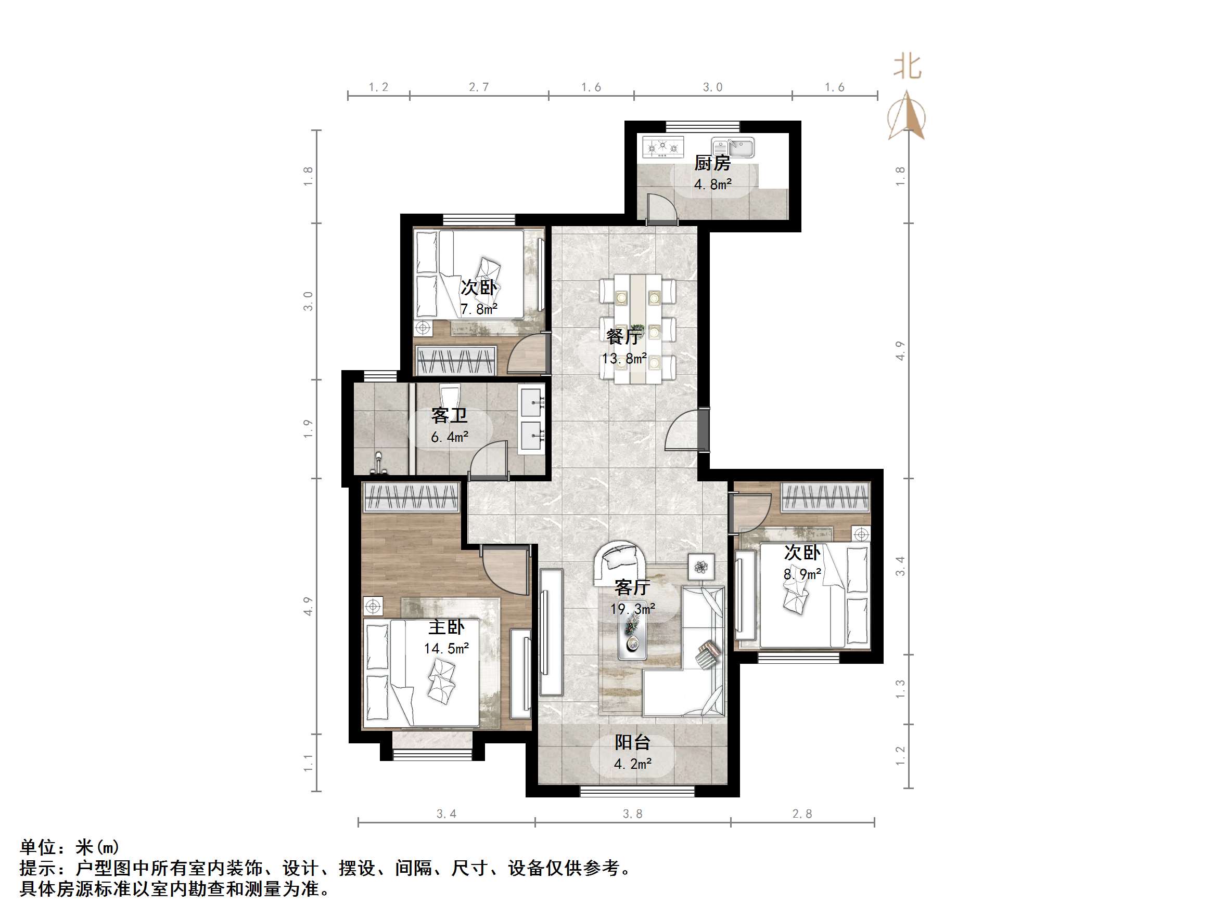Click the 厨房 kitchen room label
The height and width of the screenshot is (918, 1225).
[712, 163]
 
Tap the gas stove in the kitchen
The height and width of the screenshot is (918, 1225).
[662, 147]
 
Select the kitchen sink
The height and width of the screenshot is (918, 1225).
[733, 148]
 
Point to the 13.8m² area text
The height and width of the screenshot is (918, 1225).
[624, 359]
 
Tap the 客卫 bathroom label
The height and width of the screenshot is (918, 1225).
[449, 415]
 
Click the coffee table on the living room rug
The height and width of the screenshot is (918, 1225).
[632, 636]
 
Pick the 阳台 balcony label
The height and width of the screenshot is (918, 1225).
[632, 743]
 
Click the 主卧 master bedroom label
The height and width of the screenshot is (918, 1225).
[446, 627]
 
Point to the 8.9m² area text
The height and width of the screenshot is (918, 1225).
[801, 574]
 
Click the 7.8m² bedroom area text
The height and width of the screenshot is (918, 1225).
[478, 309]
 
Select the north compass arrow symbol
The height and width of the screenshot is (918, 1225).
[907, 116]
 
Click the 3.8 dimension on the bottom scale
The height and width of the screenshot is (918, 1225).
[632, 814]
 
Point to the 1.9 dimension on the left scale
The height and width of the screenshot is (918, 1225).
[309, 429]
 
